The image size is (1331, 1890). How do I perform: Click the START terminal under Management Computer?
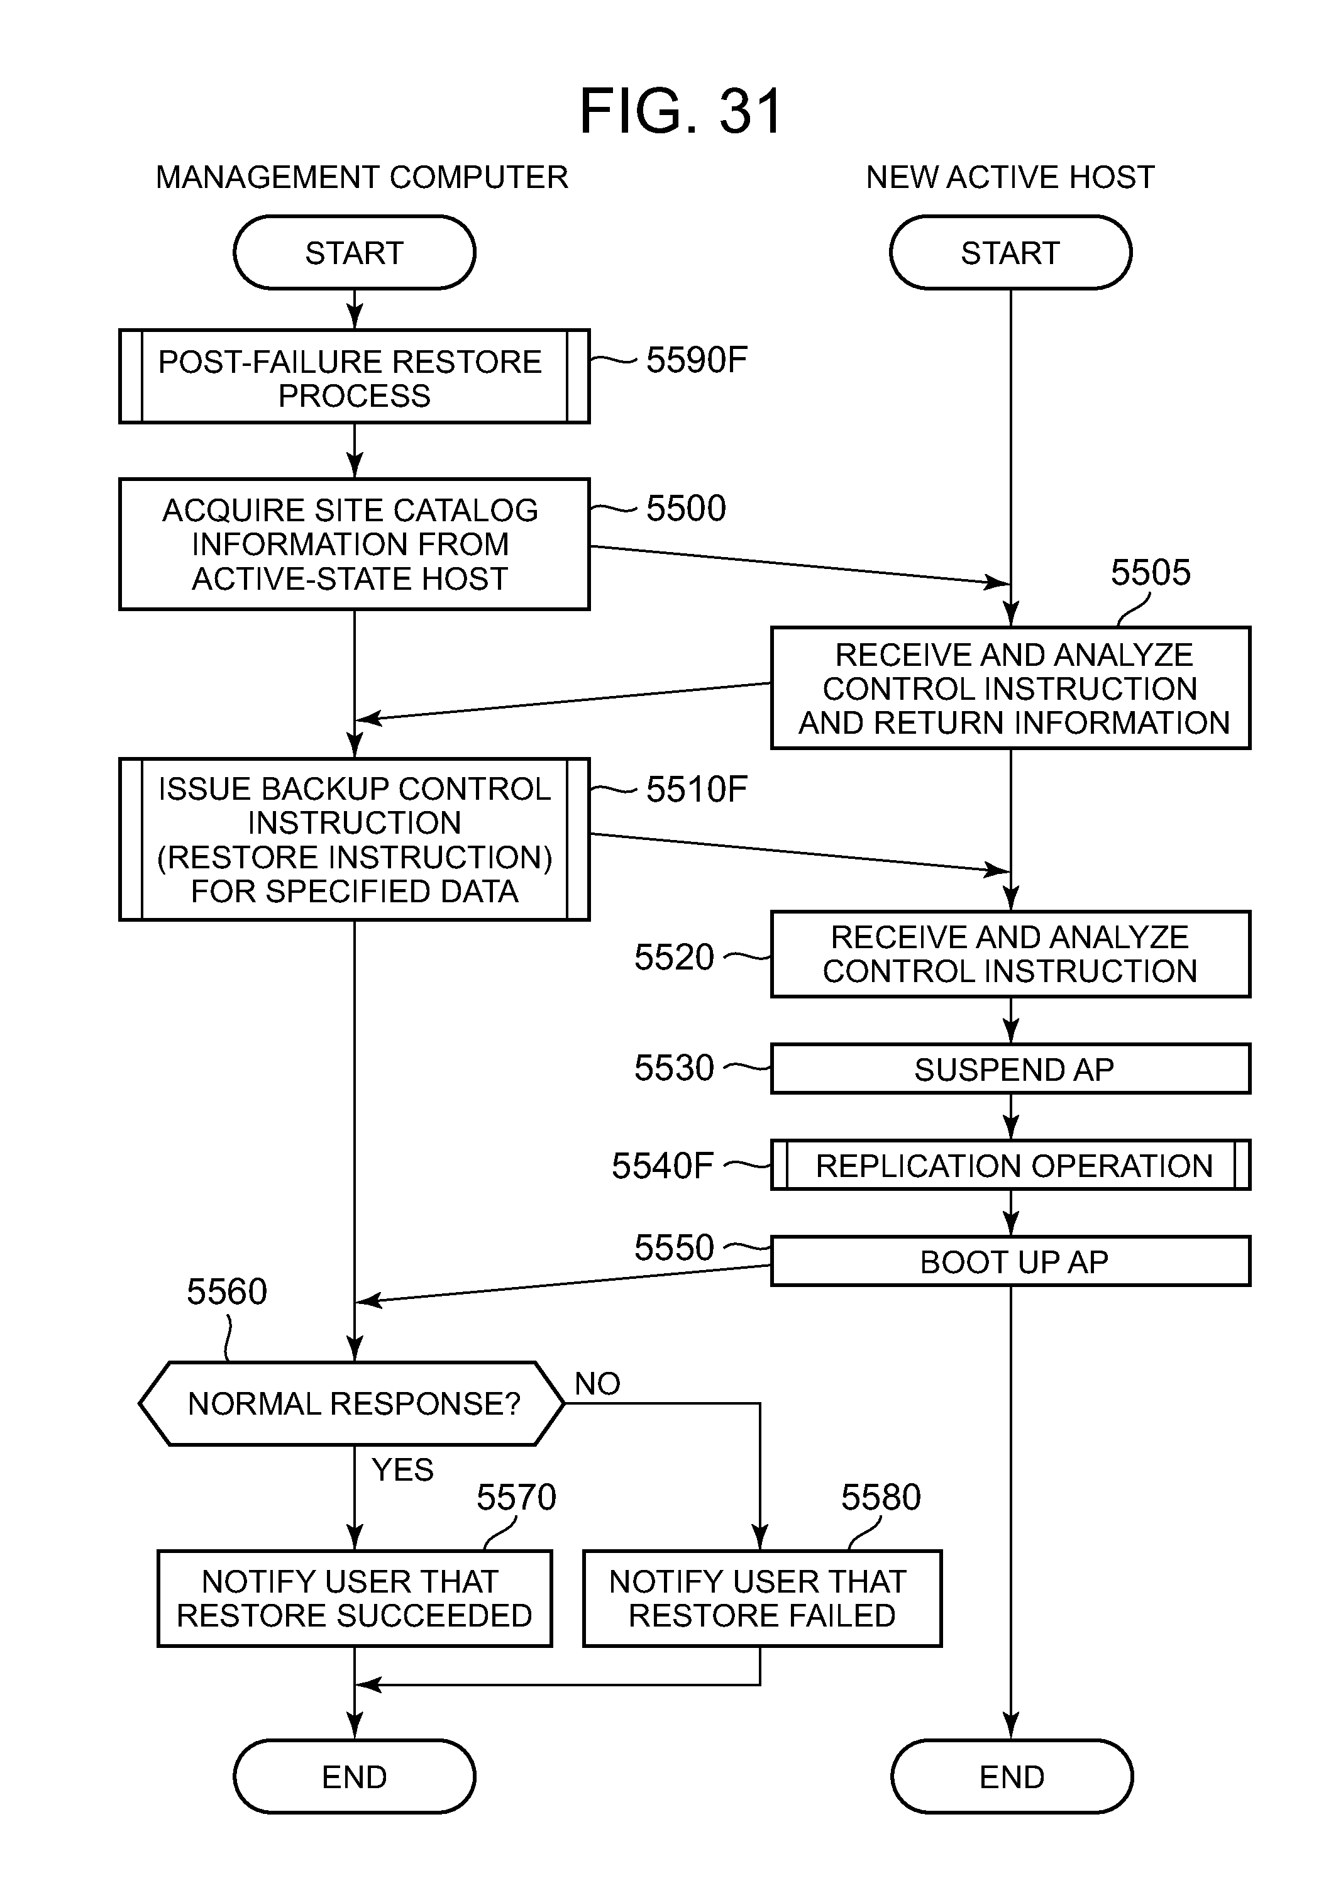354,253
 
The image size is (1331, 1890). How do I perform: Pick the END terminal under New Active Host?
1011,1776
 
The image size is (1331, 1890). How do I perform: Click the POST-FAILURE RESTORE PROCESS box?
354,377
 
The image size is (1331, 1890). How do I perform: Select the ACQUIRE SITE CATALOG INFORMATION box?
354,544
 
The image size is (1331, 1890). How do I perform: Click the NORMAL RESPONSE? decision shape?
352,1403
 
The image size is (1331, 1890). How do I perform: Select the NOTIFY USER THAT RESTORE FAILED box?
761,1599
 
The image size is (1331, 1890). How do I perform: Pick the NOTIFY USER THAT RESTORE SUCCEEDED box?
354,1599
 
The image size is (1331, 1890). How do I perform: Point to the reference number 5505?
1150,573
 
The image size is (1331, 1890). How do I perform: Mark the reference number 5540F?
662,1166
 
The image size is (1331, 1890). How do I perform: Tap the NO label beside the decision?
597,1384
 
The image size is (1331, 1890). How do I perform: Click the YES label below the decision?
402,1470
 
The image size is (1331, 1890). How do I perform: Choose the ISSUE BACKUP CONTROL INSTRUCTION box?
354,839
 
